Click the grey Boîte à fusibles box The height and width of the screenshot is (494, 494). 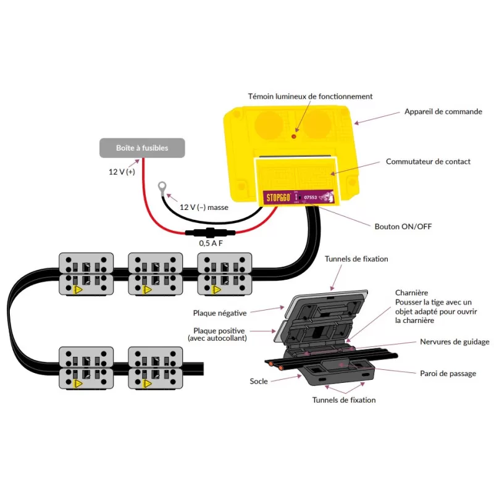(142, 148)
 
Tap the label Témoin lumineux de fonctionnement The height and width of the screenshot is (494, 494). (310, 96)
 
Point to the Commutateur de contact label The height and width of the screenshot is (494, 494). (428, 162)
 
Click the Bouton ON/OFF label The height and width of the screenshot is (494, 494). (403, 227)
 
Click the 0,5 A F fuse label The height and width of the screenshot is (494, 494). (211, 244)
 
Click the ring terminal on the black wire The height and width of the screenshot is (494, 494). (163, 185)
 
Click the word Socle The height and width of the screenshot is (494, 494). (259, 382)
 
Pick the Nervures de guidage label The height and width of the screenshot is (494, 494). (454, 341)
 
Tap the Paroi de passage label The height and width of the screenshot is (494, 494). (448, 373)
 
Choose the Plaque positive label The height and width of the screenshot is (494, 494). (219, 330)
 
